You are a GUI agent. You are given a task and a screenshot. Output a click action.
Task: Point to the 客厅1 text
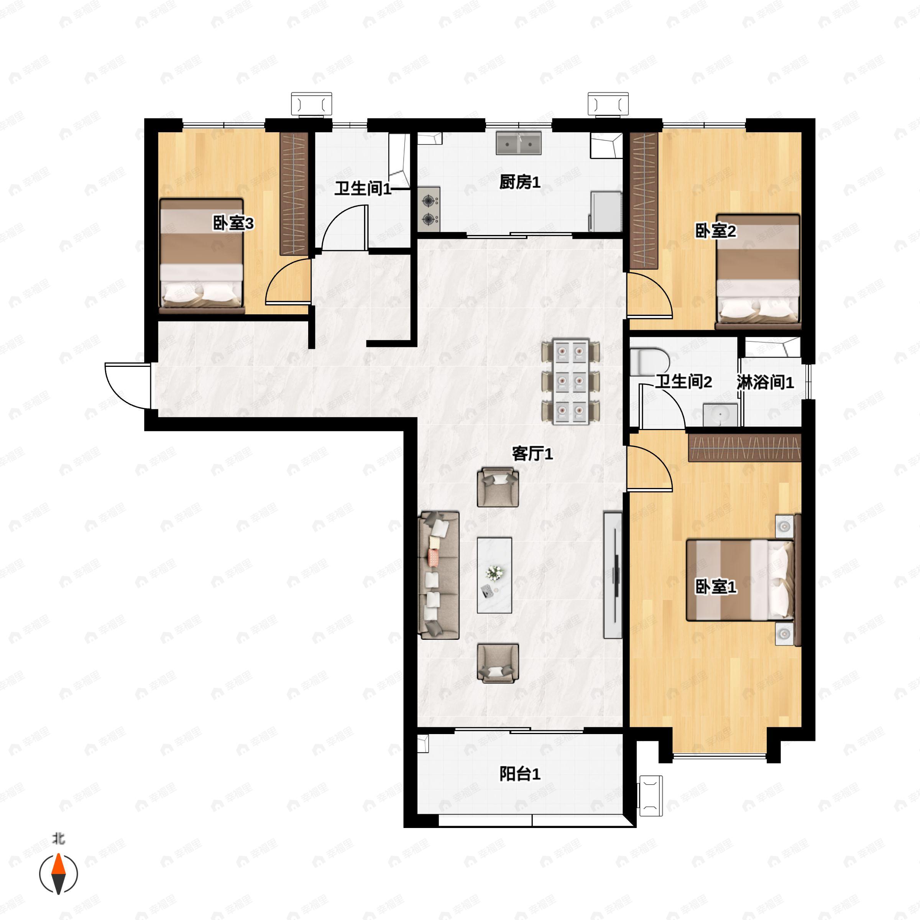(x=532, y=454)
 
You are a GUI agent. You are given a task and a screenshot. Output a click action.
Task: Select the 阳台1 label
(x=520, y=774)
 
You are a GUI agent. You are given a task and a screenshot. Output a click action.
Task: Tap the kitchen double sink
(x=519, y=143)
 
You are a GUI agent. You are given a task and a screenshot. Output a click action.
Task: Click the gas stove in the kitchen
(x=429, y=210)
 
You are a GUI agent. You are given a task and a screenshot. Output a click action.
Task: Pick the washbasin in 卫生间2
(x=720, y=415)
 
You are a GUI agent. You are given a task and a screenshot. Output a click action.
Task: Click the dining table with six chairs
(x=570, y=382)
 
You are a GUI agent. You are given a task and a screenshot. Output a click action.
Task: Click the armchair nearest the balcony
(x=498, y=663)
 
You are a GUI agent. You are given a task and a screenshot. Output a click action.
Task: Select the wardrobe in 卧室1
(x=745, y=448)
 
